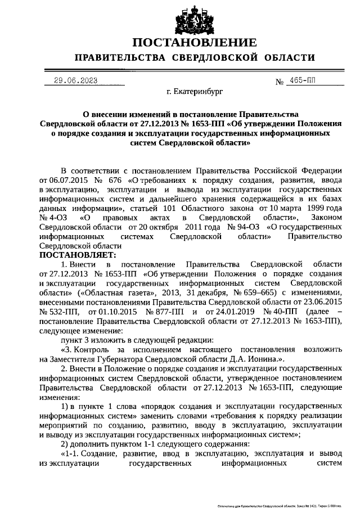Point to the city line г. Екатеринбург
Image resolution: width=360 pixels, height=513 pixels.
tap(195, 91)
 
